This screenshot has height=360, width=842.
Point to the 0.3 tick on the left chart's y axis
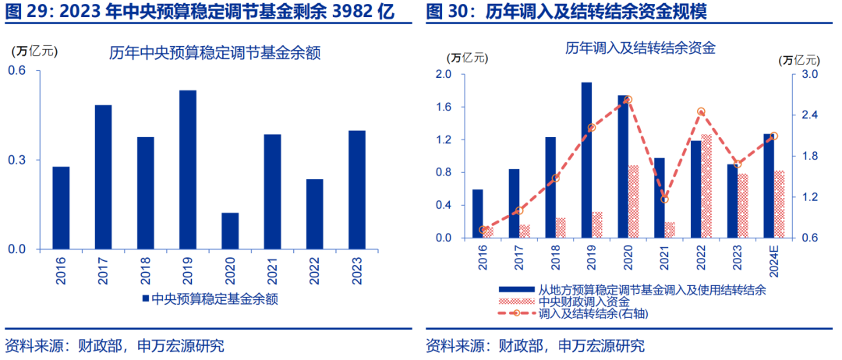[x=16, y=160]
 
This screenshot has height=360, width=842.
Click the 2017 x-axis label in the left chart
[x=103, y=269]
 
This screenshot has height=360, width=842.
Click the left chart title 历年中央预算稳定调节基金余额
[x=215, y=54]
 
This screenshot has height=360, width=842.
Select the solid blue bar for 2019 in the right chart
[x=586, y=160]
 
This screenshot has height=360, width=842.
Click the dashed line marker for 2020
[x=628, y=100]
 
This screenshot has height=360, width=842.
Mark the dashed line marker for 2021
[x=665, y=199]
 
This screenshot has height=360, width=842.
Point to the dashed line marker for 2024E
[x=773, y=136]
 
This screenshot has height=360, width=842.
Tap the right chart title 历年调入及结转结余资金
[x=641, y=48]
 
